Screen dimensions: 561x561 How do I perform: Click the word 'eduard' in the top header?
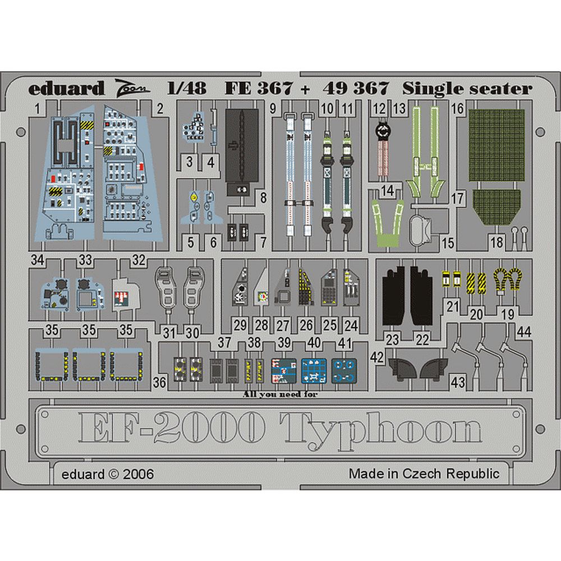(x=66, y=89)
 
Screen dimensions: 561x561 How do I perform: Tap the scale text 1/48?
(x=187, y=88)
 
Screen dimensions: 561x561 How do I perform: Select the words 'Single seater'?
(x=467, y=89)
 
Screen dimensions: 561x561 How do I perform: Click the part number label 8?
(x=264, y=197)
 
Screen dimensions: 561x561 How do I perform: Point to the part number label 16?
(x=458, y=108)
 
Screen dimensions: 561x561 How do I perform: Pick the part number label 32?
(x=139, y=260)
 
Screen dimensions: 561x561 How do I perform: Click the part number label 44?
(x=524, y=332)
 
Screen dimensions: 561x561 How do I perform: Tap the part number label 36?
(x=159, y=383)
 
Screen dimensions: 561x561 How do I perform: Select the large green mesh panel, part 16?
(x=496, y=145)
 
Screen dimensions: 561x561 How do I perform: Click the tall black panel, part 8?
(x=242, y=153)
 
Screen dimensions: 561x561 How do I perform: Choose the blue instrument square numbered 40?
(x=314, y=371)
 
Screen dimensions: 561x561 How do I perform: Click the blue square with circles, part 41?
(x=344, y=371)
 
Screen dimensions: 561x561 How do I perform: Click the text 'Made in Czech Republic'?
(x=424, y=473)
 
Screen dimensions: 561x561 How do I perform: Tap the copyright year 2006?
(x=138, y=475)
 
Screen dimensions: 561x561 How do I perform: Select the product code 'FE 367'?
(x=259, y=89)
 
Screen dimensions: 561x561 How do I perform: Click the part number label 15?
(x=448, y=243)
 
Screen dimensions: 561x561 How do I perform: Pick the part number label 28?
(x=261, y=325)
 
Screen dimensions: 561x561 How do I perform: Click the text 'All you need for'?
(x=280, y=394)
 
